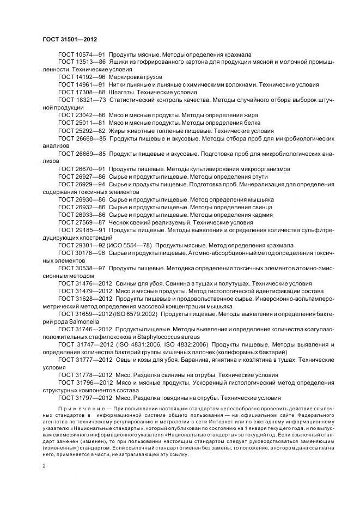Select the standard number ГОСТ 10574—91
[x=81, y=55]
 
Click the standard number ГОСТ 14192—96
[x=81, y=77]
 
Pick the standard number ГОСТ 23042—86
[x=81, y=116]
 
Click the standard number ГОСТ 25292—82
[x=81, y=131]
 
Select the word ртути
[x=262, y=177]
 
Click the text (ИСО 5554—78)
[x=129, y=245]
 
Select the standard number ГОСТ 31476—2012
[x=84, y=283]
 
